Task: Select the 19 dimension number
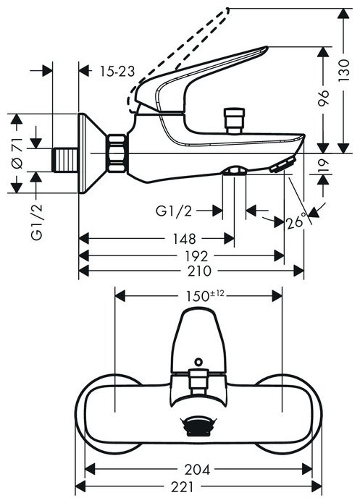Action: coord(323,167)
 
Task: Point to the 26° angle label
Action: coord(295,222)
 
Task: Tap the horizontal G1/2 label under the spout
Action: coord(174,211)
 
